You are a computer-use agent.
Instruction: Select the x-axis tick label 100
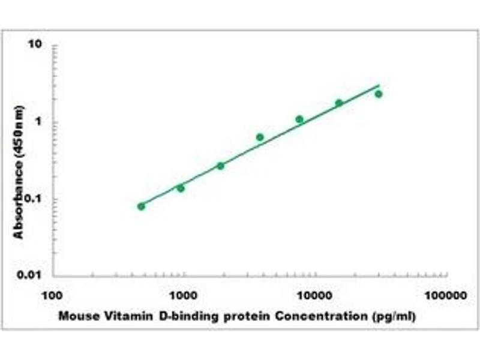click(x=53, y=296)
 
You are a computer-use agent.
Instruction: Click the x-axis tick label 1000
click(x=183, y=296)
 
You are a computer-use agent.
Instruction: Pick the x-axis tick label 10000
click(x=313, y=296)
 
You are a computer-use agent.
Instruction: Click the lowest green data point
click(x=141, y=206)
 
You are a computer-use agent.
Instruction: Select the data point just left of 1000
click(x=181, y=188)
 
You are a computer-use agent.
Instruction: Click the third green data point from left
click(x=220, y=166)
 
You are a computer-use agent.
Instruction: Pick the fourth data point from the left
click(x=260, y=137)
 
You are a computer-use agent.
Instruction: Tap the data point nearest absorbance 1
click(x=299, y=119)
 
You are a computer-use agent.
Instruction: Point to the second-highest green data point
click(x=338, y=103)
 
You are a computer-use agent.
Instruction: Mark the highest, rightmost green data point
click(x=378, y=94)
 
